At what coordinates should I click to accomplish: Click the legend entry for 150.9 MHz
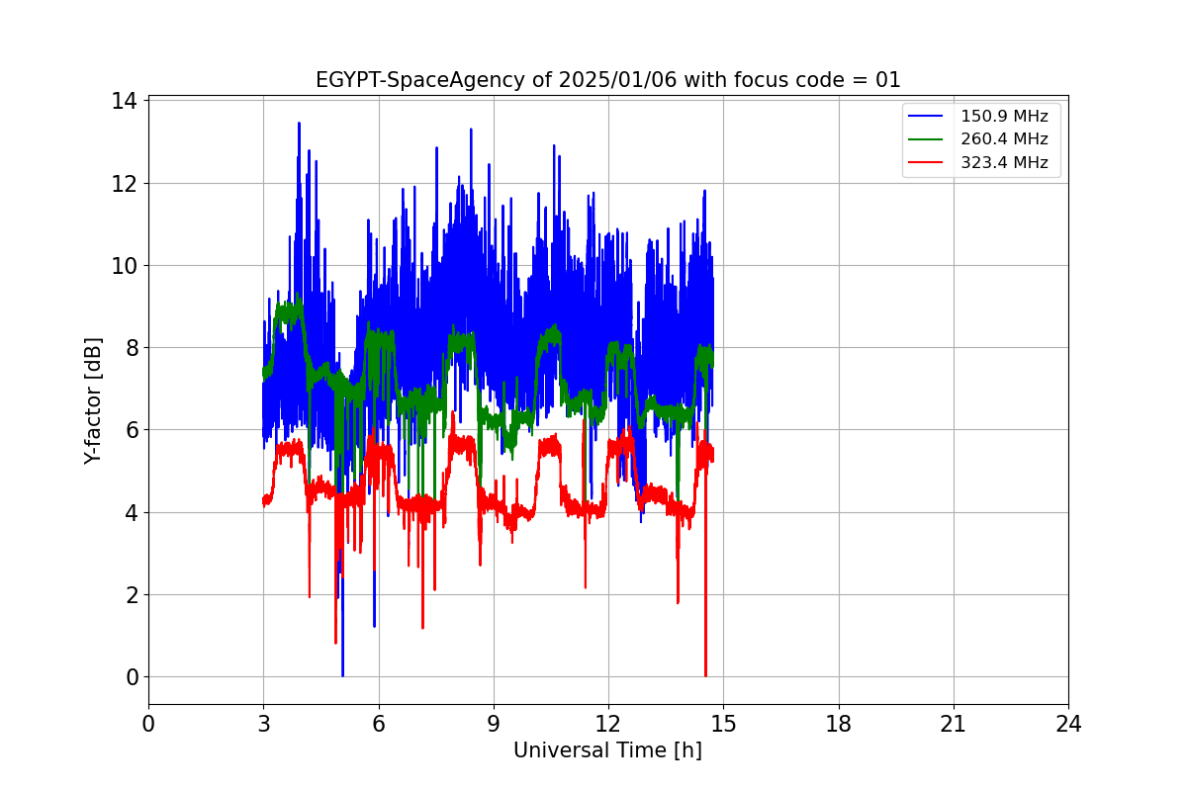[x=1004, y=116]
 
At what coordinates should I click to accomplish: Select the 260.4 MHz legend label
[x=1004, y=139]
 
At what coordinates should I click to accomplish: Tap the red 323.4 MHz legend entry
[x=1004, y=163]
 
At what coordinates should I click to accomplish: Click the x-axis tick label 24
[x=1068, y=724]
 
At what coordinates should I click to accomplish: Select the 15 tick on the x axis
[x=723, y=724]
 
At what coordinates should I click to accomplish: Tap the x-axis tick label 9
[x=494, y=724]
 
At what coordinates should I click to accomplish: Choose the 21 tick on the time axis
[x=954, y=724]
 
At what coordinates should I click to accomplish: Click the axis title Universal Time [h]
[x=607, y=750]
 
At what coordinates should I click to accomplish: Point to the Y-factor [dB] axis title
[x=94, y=400]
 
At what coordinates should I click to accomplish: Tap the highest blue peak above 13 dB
[x=299, y=124]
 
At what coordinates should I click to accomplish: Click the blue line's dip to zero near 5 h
[x=342, y=674]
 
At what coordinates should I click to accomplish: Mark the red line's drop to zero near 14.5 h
[x=705, y=674]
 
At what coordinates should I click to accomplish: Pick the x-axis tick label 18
[x=839, y=724]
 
